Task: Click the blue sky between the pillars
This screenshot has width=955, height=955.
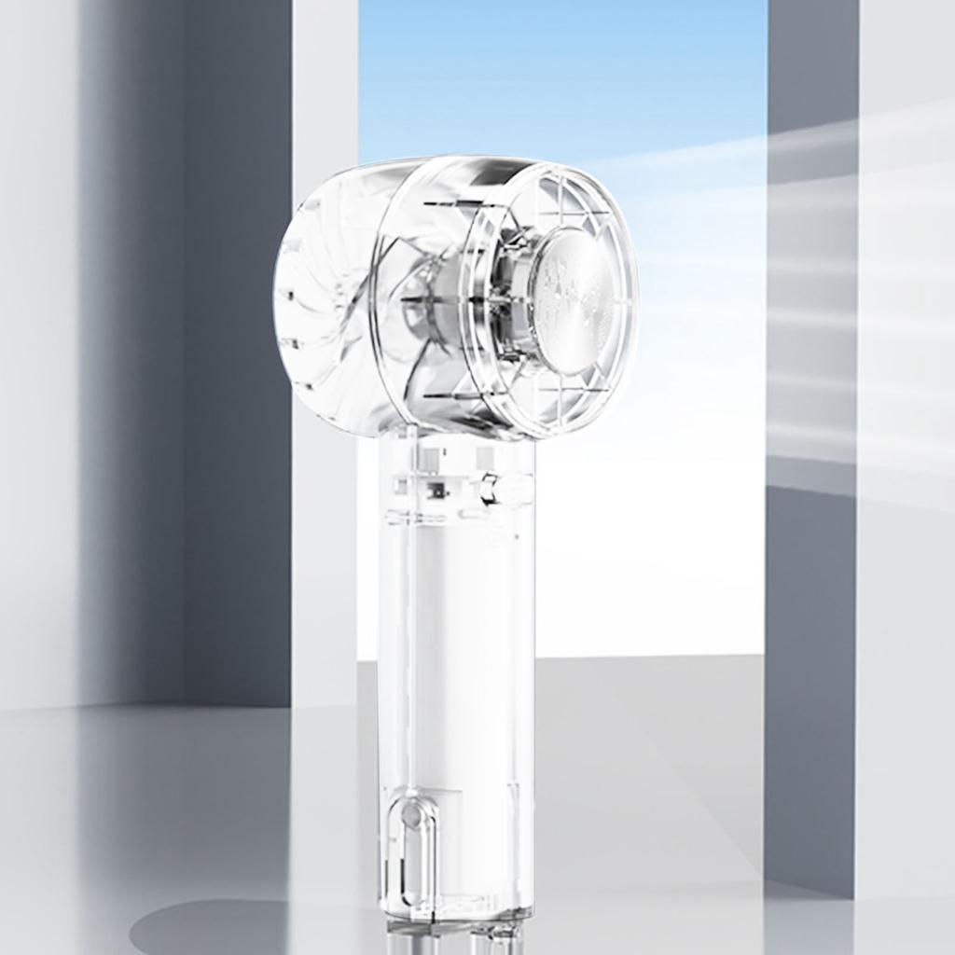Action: (560, 75)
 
